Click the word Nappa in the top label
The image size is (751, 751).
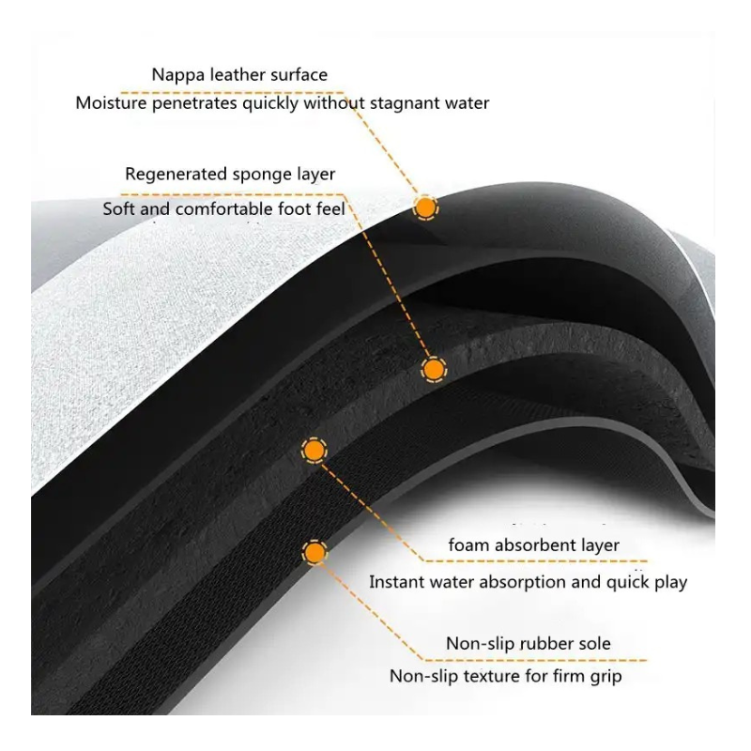(x=176, y=73)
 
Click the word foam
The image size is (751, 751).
(x=467, y=545)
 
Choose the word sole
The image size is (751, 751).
(x=593, y=644)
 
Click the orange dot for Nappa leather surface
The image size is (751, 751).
(x=425, y=207)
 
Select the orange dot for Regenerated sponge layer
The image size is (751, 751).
(x=433, y=371)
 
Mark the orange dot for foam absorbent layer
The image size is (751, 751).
(x=313, y=452)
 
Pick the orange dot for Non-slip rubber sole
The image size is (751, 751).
(x=314, y=554)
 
